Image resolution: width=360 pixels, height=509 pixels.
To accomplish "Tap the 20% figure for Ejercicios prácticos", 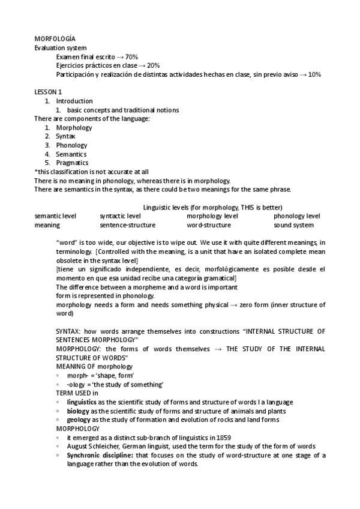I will coord(153,65).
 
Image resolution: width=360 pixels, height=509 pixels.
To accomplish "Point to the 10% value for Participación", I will coord(315,74).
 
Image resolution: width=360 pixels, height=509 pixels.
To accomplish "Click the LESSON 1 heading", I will coord(48,92).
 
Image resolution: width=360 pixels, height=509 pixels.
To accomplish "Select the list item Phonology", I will coord(71,145).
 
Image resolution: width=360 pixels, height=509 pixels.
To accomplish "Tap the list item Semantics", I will coord(71,154).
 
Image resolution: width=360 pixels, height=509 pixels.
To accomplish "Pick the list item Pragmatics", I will coord(72,163).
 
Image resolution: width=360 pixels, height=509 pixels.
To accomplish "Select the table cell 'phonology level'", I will coord(296,216).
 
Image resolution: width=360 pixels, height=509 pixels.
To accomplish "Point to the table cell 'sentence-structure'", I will coord(127,225).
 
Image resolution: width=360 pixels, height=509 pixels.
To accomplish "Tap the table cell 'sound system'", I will coord(293,225).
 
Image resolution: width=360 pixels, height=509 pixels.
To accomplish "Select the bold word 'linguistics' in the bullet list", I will coord(81,402).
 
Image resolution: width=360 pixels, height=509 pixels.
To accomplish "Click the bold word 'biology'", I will coord(78,411).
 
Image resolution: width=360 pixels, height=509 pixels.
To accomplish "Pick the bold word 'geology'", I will coord(79,420).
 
